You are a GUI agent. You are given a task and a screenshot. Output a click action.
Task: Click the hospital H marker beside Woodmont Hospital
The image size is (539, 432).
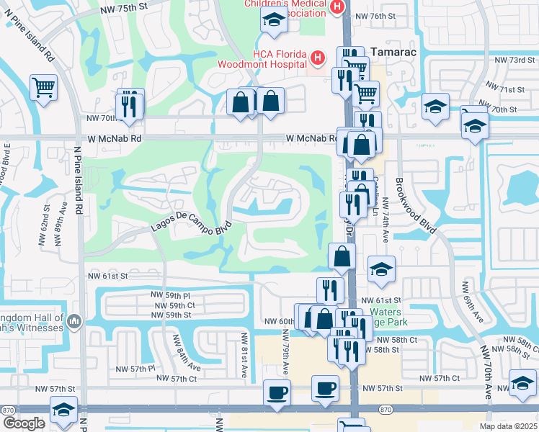[317, 57]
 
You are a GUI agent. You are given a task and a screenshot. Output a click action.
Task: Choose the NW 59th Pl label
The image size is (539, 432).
[170, 295]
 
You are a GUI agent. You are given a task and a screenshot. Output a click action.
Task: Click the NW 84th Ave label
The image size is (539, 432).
[176, 353]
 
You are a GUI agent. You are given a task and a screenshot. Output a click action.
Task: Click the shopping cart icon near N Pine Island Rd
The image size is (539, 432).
[43, 88]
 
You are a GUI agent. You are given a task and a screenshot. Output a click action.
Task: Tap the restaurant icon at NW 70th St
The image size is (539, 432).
[129, 105]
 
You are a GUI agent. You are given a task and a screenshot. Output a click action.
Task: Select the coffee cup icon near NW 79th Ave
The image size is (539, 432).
[277, 392]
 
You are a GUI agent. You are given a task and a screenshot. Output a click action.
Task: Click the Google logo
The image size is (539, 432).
[24, 423]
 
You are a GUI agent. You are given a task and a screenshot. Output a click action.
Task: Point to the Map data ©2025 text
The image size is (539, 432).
[508, 426]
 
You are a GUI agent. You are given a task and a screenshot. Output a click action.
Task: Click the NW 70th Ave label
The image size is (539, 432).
[488, 371]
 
